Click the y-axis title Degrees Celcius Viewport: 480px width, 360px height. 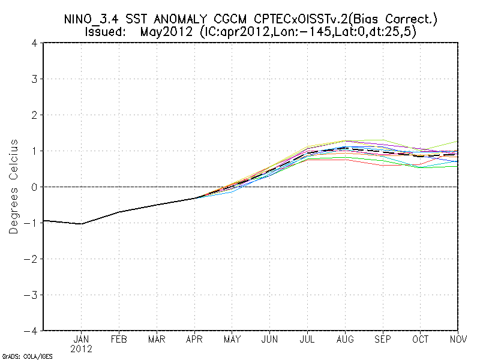[x=14, y=187]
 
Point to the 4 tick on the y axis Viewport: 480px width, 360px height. [x=34, y=43]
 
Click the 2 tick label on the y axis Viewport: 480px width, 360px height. [x=34, y=115]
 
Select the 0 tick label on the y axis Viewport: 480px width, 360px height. [x=34, y=187]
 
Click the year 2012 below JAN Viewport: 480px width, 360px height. [x=82, y=349]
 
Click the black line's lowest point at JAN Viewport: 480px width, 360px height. [x=82, y=224]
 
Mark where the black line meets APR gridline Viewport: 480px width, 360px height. [x=194, y=198]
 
